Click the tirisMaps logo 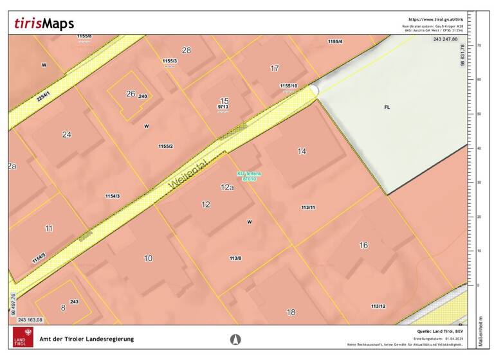(44, 24)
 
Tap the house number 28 (187, 50)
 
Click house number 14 (302, 151)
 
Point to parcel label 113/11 (308, 208)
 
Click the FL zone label (387, 107)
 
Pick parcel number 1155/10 (289, 85)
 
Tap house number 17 (275, 68)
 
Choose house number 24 (66, 134)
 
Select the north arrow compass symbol (235, 339)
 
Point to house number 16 (363, 245)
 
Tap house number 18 (291, 312)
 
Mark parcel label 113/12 (378, 305)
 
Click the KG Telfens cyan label (247, 175)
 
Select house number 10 (148, 258)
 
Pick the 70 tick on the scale (479, 46)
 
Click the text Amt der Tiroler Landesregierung (87, 339)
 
